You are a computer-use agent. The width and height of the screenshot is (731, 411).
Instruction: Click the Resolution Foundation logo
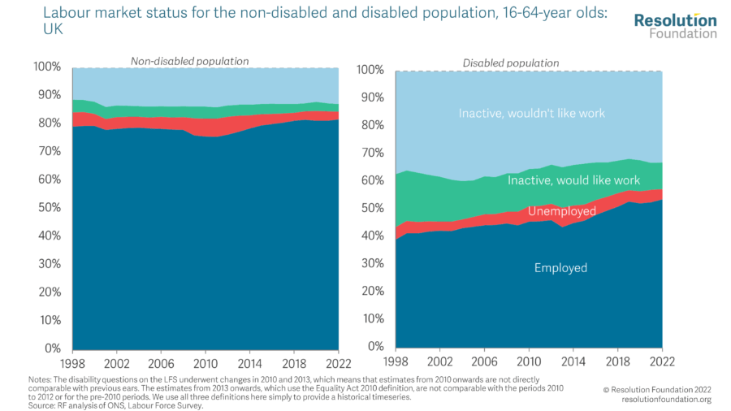pos(676,26)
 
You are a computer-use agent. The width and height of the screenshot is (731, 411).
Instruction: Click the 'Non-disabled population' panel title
pos(190,61)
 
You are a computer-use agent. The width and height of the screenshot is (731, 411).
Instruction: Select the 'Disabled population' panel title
pos(511,63)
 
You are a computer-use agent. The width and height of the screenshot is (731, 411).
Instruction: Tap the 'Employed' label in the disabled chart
pos(560,268)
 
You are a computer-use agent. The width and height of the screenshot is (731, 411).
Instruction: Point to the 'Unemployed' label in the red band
pos(562,211)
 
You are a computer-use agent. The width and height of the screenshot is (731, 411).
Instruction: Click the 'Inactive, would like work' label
pos(574,180)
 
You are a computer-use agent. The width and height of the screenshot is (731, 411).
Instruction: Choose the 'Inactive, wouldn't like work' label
pos(532,114)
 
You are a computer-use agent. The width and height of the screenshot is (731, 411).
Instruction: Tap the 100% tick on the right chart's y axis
pos(370,70)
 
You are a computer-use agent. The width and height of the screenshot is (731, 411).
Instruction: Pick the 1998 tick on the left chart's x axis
pos(72,361)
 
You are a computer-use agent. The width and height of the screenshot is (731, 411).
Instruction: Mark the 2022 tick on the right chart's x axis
pos(663,361)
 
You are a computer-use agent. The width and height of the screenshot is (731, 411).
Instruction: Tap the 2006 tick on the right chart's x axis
pos(485,361)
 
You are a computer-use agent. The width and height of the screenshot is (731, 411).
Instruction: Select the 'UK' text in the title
pos(52,30)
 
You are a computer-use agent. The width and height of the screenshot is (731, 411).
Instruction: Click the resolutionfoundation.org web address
pos(666,399)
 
